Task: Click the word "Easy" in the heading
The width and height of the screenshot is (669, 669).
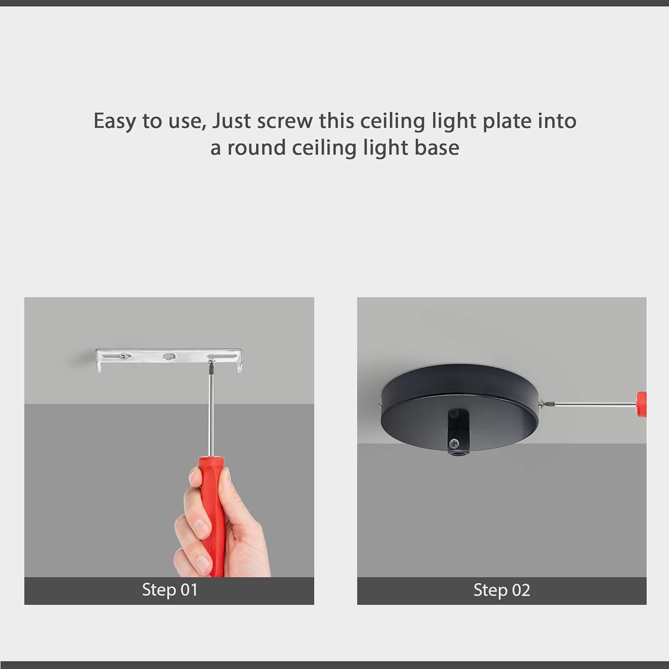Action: [114, 121]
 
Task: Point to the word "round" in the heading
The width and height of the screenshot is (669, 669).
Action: [256, 148]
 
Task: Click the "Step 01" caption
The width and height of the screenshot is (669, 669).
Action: [169, 590]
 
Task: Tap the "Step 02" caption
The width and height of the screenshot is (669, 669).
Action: [502, 590]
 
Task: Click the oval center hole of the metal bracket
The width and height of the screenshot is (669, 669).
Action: [169, 356]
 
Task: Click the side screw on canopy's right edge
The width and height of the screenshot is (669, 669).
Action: [541, 404]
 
